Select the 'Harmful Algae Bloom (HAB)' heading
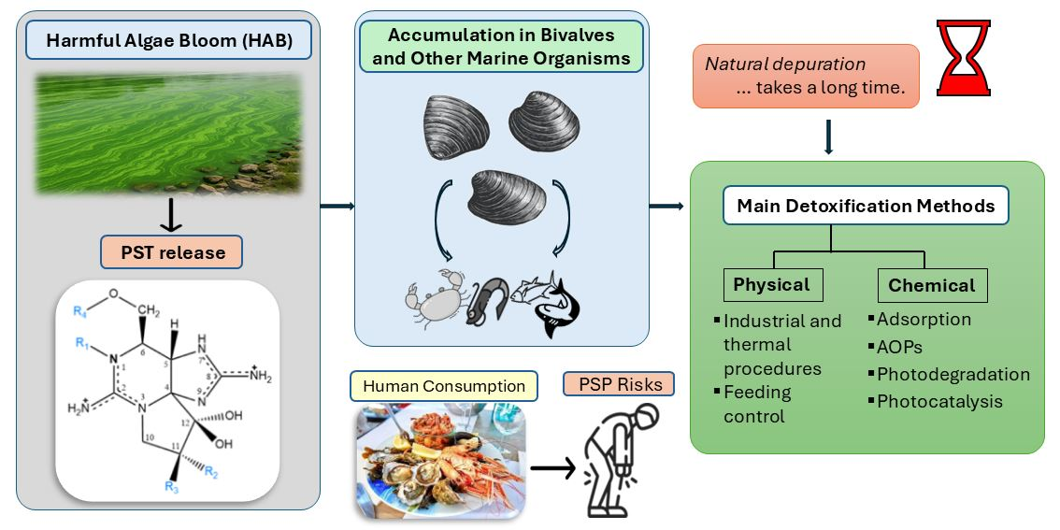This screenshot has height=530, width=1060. coord(168,43)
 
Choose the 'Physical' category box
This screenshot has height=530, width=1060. coord(771,284)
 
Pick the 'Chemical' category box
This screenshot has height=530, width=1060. coord(931,285)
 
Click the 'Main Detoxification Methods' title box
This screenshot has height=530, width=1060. coord(866,206)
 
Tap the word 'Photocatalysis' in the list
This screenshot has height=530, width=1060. coord(939,401)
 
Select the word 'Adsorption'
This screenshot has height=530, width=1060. coord(924,320)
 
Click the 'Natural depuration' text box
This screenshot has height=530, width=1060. coord(805,77)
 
